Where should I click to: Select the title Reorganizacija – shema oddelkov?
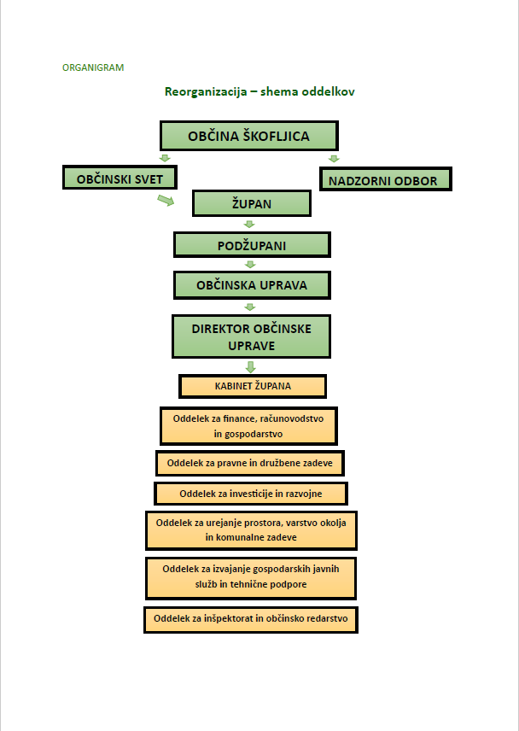(259, 91)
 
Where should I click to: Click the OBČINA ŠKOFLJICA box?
(249, 136)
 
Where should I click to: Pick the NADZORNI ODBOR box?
(384, 180)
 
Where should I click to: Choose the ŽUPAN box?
(251, 203)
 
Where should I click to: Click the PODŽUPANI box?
(251, 245)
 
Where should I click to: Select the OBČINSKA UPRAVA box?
(252, 284)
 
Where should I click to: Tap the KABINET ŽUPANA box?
(252, 386)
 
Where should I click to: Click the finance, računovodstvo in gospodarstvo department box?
(248, 426)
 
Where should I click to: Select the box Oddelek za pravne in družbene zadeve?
(249, 464)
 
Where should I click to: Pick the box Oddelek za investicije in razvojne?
(250, 494)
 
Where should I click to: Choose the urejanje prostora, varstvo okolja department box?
(251, 530)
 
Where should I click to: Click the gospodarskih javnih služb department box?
(250, 577)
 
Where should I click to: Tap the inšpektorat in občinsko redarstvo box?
(250, 619)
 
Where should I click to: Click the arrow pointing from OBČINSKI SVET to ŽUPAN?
(165, 200)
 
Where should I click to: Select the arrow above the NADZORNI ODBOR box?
(334, 158)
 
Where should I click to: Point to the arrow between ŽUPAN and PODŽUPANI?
(250, 224)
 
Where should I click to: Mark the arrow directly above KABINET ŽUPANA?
(251, 366)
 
